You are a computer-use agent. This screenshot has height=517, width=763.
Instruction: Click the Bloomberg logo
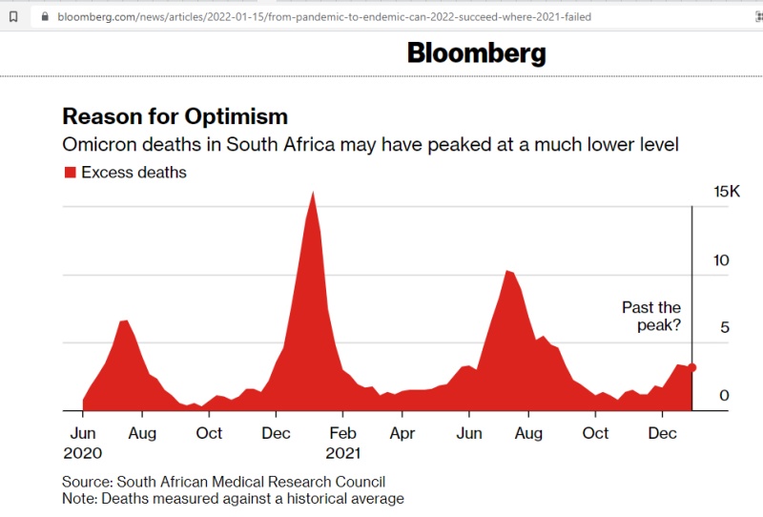point(476,52)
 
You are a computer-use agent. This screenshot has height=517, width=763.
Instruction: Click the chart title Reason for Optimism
point(175,116)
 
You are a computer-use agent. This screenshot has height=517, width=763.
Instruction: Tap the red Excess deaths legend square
point(70,173)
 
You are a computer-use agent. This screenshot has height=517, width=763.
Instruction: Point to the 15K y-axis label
point(727,192)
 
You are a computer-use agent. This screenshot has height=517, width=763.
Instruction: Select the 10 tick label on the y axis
point(722,260)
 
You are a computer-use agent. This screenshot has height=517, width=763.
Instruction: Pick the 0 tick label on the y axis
point(725,396)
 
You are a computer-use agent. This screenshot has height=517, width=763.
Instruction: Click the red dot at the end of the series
point(692,367)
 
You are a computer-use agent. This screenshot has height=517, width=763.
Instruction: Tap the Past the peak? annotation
point(651,317)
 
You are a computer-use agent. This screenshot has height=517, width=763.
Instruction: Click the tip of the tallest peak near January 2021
point(313,193)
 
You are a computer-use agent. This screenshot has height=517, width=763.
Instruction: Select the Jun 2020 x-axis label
point(83,443)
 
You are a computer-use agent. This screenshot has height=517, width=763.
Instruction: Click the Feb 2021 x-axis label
point(342,443)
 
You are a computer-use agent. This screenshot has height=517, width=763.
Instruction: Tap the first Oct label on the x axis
point(209,433)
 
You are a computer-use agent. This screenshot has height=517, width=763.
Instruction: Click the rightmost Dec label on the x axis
point(662,433)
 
